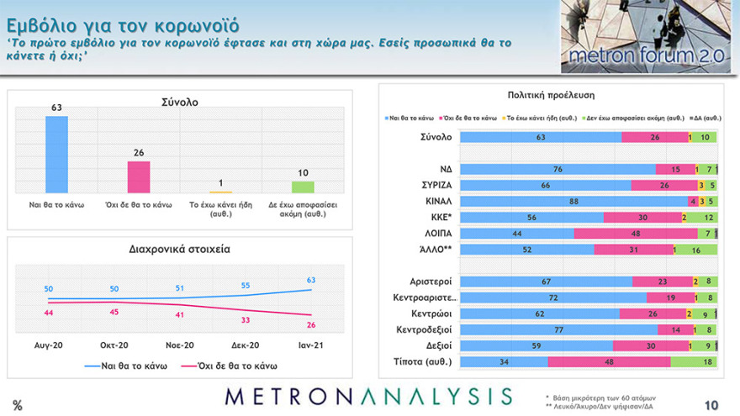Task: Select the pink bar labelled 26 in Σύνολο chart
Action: pos(138,176)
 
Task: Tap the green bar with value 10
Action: pos(303,187)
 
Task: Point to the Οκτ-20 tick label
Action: pos(114,345)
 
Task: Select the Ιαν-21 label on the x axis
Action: pos(311,345)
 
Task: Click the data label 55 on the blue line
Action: pos(246,286)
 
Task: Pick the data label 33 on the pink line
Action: pos(246,320)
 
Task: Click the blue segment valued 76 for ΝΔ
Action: pos(558,170)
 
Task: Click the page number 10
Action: pos(711,405)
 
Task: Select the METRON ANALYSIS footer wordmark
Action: pos(367,396)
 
